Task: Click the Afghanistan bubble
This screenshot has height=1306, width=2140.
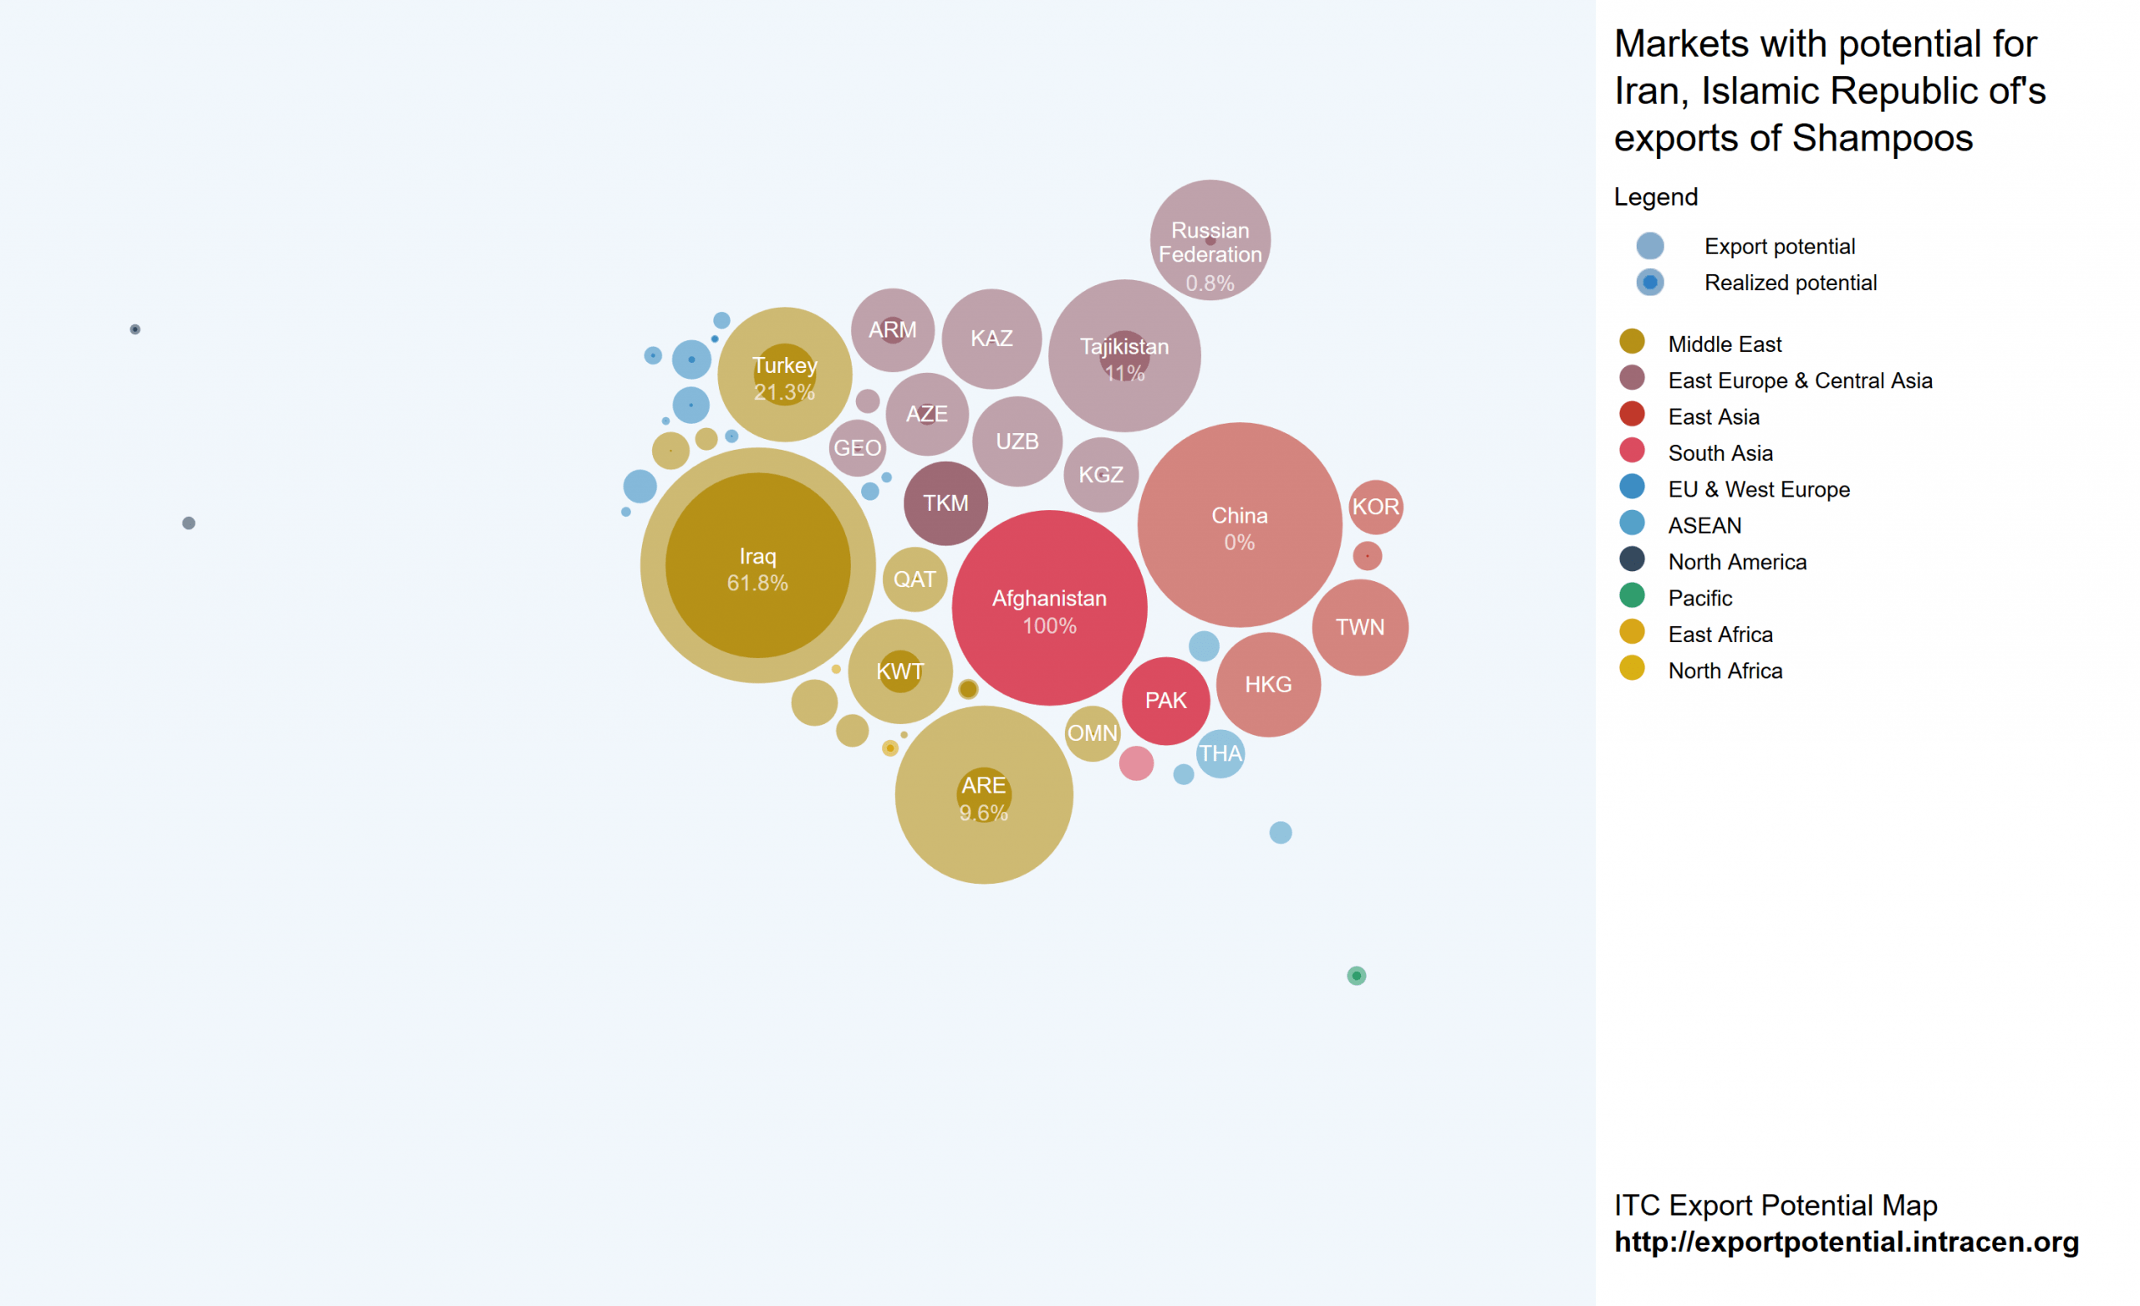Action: [x=1049, y=608]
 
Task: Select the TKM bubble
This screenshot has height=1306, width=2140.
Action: [x=945, y=503]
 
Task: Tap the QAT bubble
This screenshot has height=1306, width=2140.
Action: [x=915, y=579]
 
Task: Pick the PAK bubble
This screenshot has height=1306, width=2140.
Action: [x=1165, y=701]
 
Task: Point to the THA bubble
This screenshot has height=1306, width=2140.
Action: [x=1220, y=753]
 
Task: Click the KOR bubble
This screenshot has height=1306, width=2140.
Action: [x=1376, y=507]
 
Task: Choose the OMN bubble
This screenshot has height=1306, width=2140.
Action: [x=1092, y=733]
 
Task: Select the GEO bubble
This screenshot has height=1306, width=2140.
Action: [x=857, y=448]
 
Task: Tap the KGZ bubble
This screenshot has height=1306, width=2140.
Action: [x=1100, y=474]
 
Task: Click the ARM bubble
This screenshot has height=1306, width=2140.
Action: [x=892, y=330]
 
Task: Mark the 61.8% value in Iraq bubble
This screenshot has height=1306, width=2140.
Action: [x=757, y=583]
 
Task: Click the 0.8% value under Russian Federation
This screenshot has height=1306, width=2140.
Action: [x=1210, y=283]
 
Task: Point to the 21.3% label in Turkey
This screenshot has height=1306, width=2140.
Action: [x=784, y=393]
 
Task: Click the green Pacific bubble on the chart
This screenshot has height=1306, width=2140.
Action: [x=1356, y=976]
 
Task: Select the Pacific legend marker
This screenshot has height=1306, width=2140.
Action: [x=1632, y=596]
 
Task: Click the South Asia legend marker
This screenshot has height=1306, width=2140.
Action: [x=1632, y=451]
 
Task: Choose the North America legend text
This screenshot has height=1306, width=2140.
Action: [x=1737, y=562]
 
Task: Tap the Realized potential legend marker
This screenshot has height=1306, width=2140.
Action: [x=1649, y=283]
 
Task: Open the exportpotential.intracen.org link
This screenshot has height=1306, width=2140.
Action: [x=1846, y=1242]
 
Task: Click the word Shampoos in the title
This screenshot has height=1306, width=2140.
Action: [x=1882, y=138]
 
